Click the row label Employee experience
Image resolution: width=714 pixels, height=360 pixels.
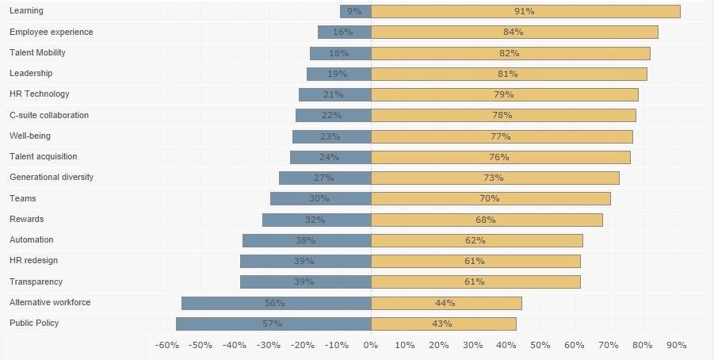(x=51, y=32)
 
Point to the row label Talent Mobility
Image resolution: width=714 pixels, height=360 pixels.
(x=37, y=52)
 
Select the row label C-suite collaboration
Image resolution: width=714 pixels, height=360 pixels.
(x=49, y=115)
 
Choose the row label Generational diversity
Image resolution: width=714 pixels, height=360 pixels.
(x=52, y=177)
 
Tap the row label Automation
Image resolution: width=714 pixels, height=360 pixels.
(x=32, y=239)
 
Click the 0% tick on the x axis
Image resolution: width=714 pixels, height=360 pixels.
(x=371, y=345)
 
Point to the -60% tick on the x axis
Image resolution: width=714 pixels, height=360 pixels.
(x=167, y=345)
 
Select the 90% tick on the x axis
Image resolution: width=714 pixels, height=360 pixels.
(x=676, y=345)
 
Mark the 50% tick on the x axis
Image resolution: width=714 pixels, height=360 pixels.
(x=540, y=345)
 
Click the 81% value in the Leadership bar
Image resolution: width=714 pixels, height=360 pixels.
(x=508, y=74)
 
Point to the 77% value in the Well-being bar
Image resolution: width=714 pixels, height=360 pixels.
(x=501, y=136)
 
